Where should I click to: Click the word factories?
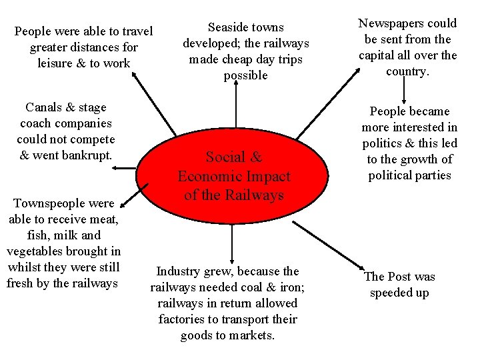point(181,319)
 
